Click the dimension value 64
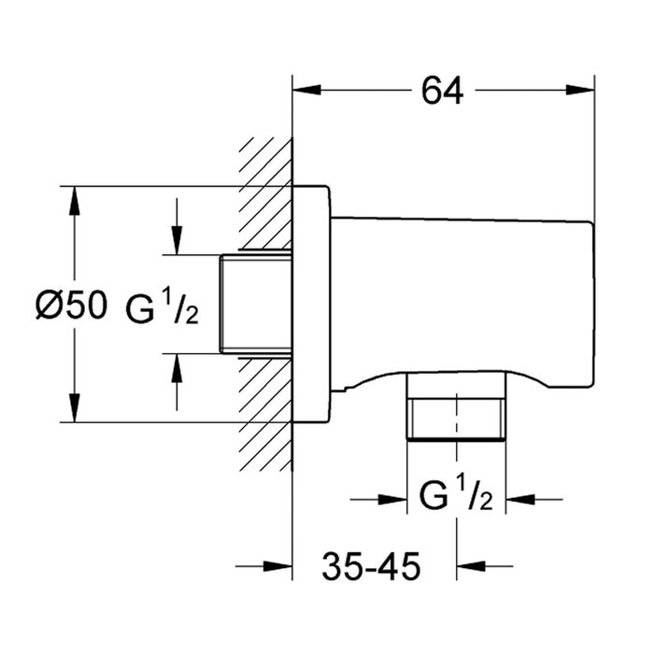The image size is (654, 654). [442, 91]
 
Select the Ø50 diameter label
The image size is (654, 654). [71, 306]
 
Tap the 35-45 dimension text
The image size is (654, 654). [371, 566]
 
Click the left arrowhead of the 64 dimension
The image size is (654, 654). [307, 90]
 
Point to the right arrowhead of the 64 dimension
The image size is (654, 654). [580, 90]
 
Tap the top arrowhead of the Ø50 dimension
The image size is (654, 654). [74, 201]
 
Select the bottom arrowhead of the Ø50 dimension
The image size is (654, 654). [74, 407]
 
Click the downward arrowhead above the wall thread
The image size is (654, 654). [177, 240]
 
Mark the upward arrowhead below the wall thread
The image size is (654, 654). [177, 368]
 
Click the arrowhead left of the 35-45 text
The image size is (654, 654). [277, 566]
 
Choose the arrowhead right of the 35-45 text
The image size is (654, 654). [471, 566]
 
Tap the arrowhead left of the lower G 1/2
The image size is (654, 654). [392, 499]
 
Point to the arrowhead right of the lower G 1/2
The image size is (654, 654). [520, 499]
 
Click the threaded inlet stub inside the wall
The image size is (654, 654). [256, 304]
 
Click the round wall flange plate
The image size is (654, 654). [311, 304]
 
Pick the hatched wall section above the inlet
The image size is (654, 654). [265, 194]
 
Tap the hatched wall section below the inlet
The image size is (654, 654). [265, 414]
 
